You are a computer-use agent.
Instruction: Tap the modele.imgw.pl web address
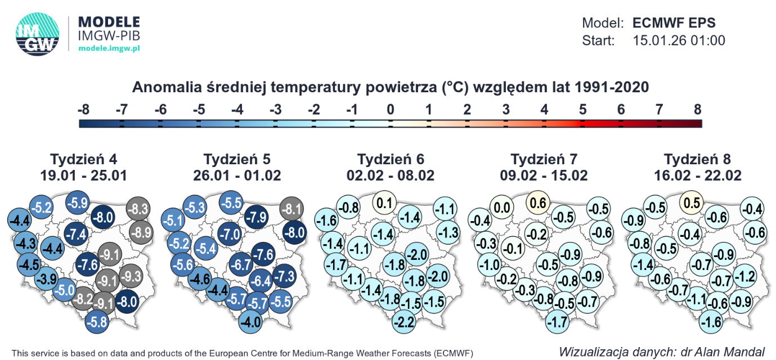109,48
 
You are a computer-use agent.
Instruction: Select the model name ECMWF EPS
674,24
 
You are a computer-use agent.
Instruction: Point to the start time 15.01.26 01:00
679,40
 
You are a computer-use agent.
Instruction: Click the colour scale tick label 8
698,110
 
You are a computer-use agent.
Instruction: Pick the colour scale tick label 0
390,110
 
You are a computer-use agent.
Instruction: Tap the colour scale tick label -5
198,110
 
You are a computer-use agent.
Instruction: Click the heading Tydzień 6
390,159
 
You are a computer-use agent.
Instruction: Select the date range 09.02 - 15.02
544,175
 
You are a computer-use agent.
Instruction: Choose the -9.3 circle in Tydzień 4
131,276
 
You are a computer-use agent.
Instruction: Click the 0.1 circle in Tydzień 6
385,202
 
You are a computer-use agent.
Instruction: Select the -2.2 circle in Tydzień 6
404,323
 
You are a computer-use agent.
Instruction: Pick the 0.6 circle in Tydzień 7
539,203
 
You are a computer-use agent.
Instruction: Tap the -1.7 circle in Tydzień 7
557,323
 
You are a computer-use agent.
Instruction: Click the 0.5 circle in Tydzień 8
692,202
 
